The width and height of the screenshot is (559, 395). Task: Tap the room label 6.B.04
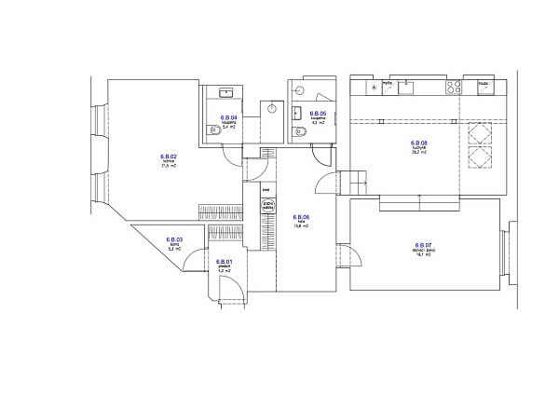tap(228, 116)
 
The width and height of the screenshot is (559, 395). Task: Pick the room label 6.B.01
tap(224, 262)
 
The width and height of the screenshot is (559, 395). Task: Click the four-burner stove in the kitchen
tap(454, 87)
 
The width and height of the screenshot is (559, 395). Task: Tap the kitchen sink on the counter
tap(406, 87)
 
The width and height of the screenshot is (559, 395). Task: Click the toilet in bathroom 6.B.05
tap(302, 132)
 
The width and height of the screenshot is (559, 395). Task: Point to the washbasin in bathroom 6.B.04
tap(226, 91)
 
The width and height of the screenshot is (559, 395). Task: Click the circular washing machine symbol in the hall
tap(267, 205)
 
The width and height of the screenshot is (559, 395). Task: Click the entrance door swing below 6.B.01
tap(235, 293)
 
